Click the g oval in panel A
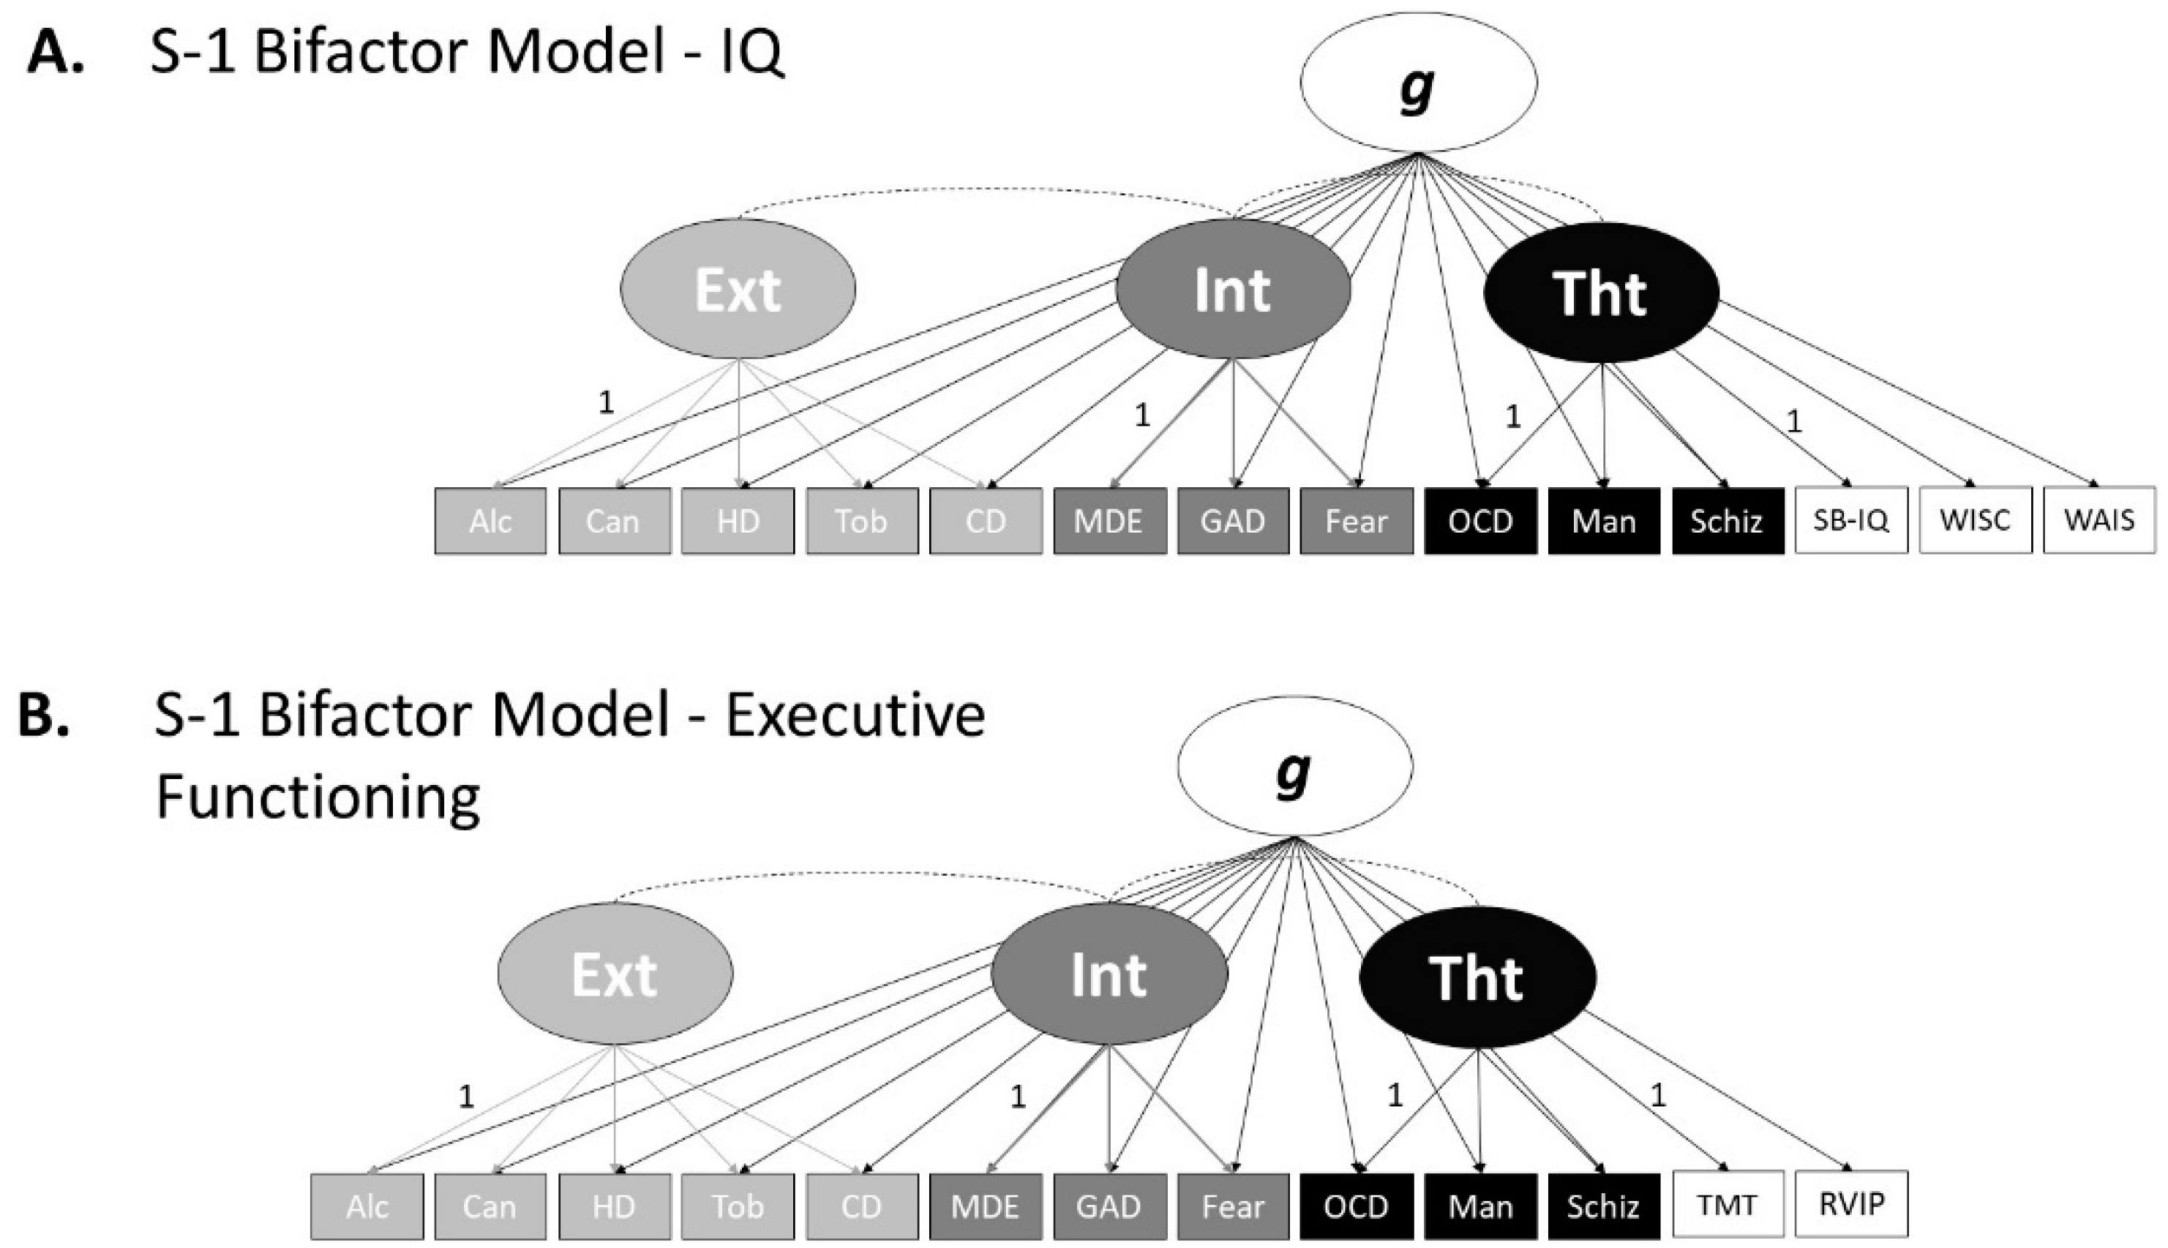[x=1418, y=82]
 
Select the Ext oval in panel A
[x=738, y=289]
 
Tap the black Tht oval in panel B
[x=1477, y=977]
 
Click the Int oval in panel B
[x=1109, y=974]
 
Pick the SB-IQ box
[x=1851, y=520]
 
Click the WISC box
[x=1974, y=520]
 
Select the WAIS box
[x=2098, y=520]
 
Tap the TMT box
[x=1727, y=1204]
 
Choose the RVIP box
[x=1851, y=1204]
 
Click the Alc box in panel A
[x=490, y=521]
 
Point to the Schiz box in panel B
[x=1602, y=1206]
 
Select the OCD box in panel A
[x=1479, y=521]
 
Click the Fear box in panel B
[x=1232, y=1206]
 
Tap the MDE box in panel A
[x=1109, y=521]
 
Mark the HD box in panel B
[x=614, y=1206]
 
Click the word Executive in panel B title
[x=855, y=715]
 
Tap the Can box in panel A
[x=614, y=521]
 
